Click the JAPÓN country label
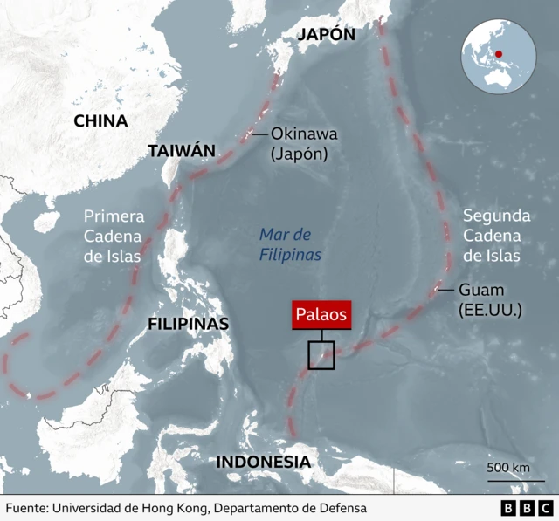(x=327, y=35)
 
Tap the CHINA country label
(x=100, y=121)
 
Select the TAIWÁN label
(x=181, y=150)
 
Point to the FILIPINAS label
(x=189, y=324)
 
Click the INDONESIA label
(x=263, y=462)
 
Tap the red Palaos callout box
(x=321, y=315)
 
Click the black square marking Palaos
(x=321, y=356)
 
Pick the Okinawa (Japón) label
(x=303, y=144)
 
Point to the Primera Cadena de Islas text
(x=114, y=236)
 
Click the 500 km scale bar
(x=508, y=476)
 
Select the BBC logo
(x=527, y=508)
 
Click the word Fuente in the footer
(x=27, y=508)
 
